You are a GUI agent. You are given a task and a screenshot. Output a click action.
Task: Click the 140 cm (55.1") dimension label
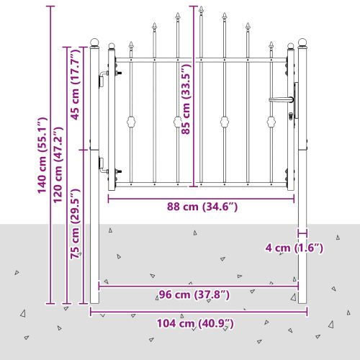click(42, 156)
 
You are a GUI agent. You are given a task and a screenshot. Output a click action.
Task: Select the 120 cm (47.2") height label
click(58, 165)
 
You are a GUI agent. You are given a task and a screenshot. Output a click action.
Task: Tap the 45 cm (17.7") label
click(75, 84)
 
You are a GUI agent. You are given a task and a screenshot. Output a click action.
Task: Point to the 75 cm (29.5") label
click(75, 224)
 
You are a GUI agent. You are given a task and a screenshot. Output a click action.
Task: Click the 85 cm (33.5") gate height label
click(186, 99)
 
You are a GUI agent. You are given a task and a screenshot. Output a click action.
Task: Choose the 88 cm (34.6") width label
click(202, 207)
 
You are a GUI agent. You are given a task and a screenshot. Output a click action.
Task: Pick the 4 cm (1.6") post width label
click(294, 248)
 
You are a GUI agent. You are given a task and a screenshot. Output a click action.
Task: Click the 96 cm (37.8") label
click(194, 294)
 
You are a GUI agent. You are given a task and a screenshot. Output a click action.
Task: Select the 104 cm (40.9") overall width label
click(195, 323)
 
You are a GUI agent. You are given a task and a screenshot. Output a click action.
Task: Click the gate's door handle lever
click(281, 99)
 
